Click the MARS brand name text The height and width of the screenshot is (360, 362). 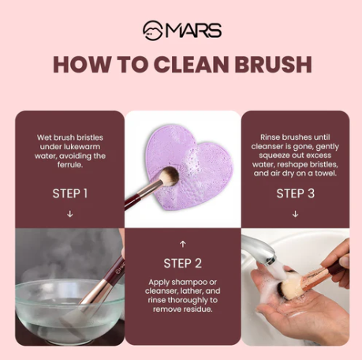[x=193, y=32]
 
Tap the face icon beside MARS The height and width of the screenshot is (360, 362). [x=152, y=31]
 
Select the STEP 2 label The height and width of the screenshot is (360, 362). [x=182, y=263]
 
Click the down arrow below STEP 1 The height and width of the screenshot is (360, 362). [x=70, y=214]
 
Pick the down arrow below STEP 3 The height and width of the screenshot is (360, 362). [x=295, y=214]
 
